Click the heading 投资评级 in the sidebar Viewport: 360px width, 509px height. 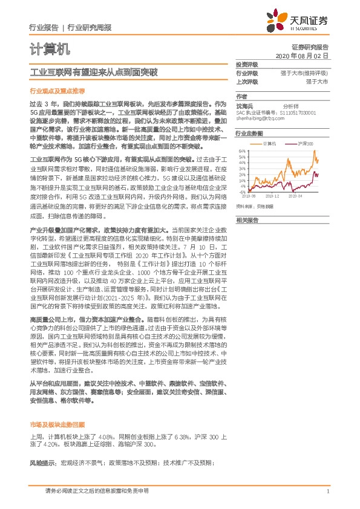[x=247, y=65]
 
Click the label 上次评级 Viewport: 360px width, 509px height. [x=247, y=81]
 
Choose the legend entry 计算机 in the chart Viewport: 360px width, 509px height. [x=271, y=144]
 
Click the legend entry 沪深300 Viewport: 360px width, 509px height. [x=306, y=144]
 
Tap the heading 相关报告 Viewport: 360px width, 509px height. [x=247, y=220]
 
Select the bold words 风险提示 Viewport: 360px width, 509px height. [x=41, y=462]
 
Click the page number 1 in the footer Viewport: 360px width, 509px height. [x=327, y=491]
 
